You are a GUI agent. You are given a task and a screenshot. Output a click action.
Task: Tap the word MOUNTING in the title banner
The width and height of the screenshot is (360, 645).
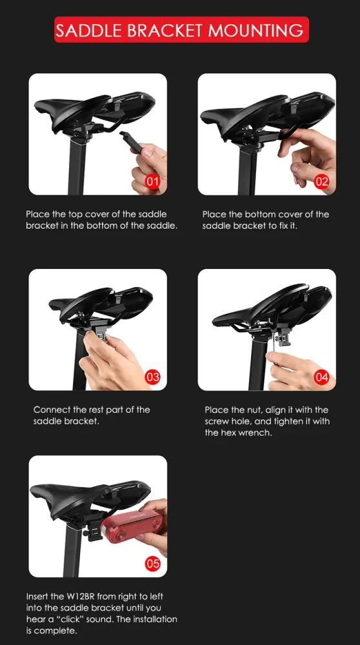pos(255,30)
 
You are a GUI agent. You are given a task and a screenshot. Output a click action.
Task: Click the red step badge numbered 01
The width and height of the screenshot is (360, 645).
pos(153,182)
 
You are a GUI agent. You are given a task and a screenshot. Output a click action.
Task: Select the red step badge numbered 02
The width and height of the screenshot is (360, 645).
pos(321,182)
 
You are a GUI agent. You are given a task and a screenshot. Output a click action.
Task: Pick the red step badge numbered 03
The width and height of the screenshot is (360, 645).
pos(153,377)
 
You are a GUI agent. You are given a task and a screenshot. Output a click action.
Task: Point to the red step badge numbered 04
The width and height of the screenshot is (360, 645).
pos(321,377)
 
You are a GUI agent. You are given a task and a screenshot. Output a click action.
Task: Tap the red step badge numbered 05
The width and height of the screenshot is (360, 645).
pos(153,563)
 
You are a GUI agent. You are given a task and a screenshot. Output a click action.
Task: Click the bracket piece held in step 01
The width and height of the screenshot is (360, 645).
pos(130,141)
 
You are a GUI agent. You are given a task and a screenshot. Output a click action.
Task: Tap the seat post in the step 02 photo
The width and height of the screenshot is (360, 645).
pos(246,171)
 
